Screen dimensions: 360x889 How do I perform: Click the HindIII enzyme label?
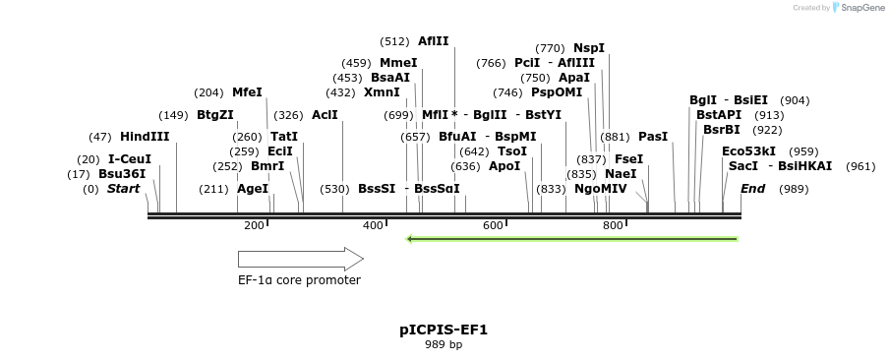(x=145, y=137)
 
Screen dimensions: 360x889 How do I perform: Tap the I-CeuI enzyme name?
(x=130, y=159)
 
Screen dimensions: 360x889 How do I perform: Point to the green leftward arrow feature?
(x=571, y=238)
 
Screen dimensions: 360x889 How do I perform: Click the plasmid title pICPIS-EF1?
(x=444, y=330)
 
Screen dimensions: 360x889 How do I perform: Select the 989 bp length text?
(x=444, y=345)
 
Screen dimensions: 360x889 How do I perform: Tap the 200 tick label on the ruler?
(x=254, y=226)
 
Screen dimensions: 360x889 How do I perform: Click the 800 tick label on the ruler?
(x=613, y=226)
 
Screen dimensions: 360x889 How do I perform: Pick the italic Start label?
(x=124, y=189)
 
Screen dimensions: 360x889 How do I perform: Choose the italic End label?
(x=752, y=189)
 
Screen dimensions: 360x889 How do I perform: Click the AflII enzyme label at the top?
(x=433, y=41)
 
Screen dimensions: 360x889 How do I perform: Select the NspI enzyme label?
(x=589, y=48)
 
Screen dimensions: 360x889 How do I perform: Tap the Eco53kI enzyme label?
(x=748, y=151)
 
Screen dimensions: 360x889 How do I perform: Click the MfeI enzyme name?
(x=247, y=92)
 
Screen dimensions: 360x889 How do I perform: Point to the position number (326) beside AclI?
(x=288, y=115)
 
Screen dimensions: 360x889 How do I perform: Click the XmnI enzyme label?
(x=382, y=92)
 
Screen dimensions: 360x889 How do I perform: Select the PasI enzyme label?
(x=653, y=137)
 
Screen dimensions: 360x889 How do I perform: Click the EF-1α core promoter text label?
(x=299, y=280)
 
